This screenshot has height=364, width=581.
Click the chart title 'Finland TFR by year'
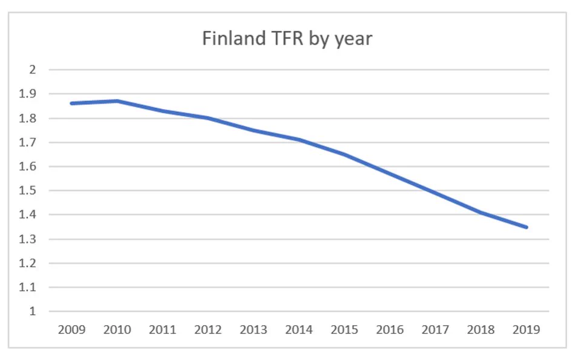(287, 39)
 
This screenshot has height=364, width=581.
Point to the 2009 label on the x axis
(71, 330)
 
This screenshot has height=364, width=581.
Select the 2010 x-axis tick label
(117, 330)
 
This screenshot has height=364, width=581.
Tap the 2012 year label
(208, 330)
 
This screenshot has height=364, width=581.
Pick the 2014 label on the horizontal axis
(299, 330)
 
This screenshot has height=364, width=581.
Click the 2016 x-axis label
(390, 330)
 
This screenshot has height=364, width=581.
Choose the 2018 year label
(481, 330)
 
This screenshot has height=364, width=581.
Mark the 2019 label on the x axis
(527, 330)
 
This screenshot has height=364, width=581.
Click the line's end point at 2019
(527, 227)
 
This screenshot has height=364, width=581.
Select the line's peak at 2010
(117, 101)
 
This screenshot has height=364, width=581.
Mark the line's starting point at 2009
(71, 104)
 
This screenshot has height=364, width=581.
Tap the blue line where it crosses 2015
(344, 154)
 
